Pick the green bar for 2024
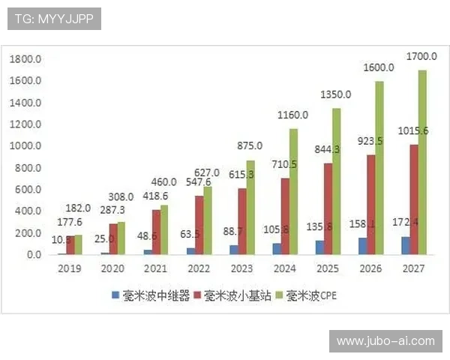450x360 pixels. tap(292, 191)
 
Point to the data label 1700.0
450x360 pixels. tap(421, 56)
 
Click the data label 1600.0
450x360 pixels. tap(379, 67)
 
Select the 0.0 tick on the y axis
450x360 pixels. tap(34, 255)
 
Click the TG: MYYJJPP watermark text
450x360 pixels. tap(54, 19)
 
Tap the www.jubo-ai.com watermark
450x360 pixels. tap(385, 341)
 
